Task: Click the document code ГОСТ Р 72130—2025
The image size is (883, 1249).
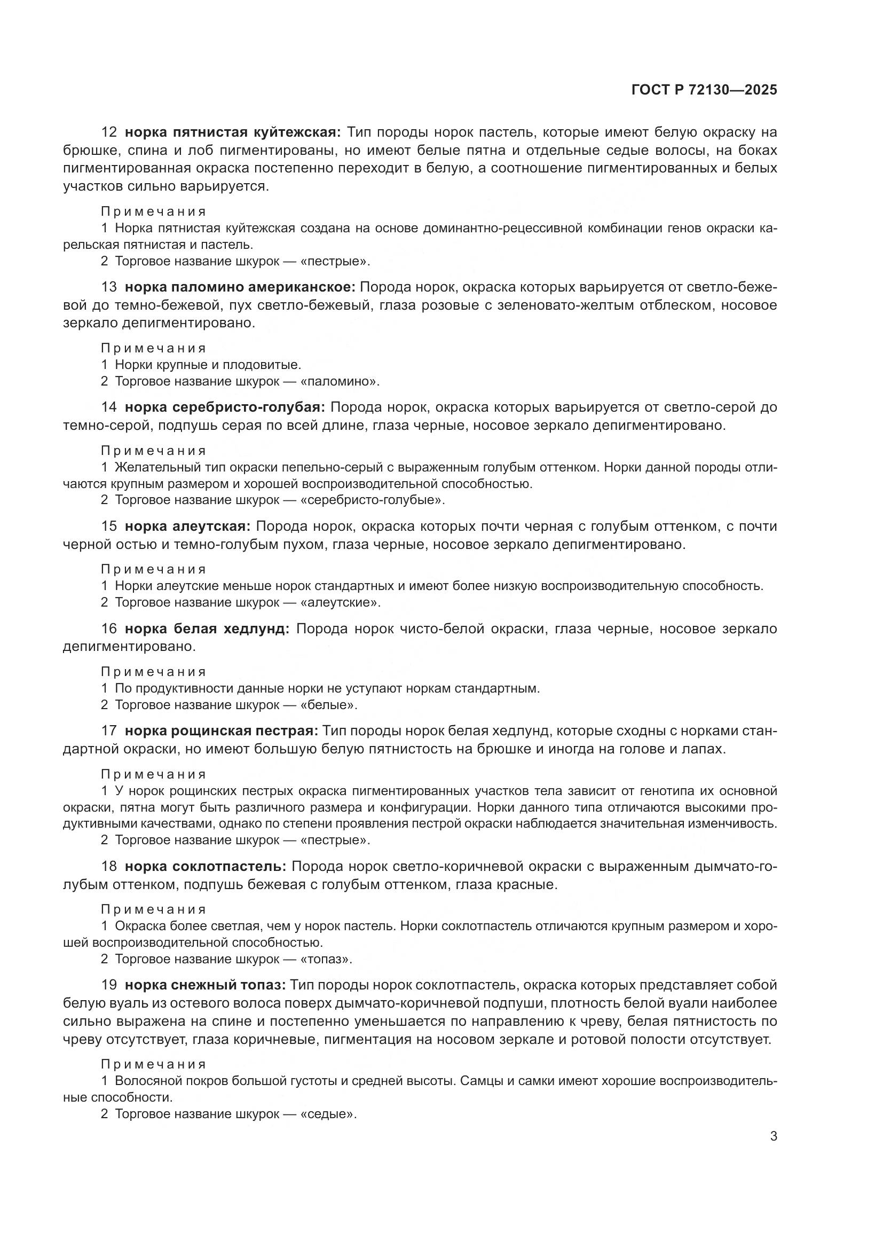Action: [x=704, y=90]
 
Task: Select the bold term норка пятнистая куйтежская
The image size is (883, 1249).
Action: [x=233, y=132]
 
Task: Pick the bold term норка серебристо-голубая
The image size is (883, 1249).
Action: [x=225, y=407]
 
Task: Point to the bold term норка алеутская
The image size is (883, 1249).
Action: [x=187, y=526]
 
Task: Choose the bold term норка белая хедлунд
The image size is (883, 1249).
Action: [x=207, y=629]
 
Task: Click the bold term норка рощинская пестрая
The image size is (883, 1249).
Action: [x=224, y=730]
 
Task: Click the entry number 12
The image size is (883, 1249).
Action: [x=109, y=132]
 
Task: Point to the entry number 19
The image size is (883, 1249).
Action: [x=109, y=985]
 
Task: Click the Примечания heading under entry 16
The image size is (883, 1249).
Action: [x=154, y=672]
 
